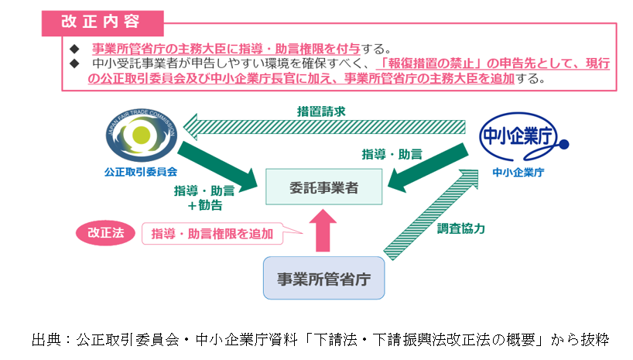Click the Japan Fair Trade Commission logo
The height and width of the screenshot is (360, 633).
141,135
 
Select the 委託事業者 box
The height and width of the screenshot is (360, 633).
324,187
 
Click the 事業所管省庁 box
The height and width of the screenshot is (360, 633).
323,279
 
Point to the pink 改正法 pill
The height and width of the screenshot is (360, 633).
106,232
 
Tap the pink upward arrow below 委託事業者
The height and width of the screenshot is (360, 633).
323,231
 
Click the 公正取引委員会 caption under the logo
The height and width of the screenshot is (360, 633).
141,172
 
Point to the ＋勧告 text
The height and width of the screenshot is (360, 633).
204,205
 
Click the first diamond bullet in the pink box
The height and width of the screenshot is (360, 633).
75,47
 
